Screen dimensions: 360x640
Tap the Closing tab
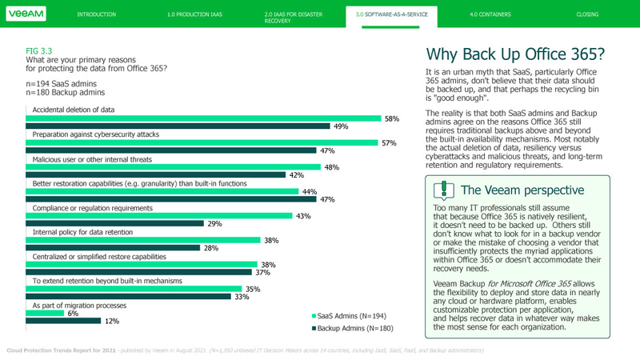(586, 14)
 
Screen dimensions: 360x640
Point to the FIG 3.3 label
(38, 50)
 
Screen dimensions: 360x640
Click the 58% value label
(391, 118)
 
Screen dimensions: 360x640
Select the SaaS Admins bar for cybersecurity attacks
(203, 143)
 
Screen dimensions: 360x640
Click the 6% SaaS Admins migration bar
(46, 314)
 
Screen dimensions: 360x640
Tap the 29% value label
(214, 224)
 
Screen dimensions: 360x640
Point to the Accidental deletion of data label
(74, 110)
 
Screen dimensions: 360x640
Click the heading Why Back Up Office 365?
(515, 54)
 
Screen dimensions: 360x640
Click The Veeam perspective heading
(522, 190)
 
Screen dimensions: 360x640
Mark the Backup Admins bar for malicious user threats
(157, 174)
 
